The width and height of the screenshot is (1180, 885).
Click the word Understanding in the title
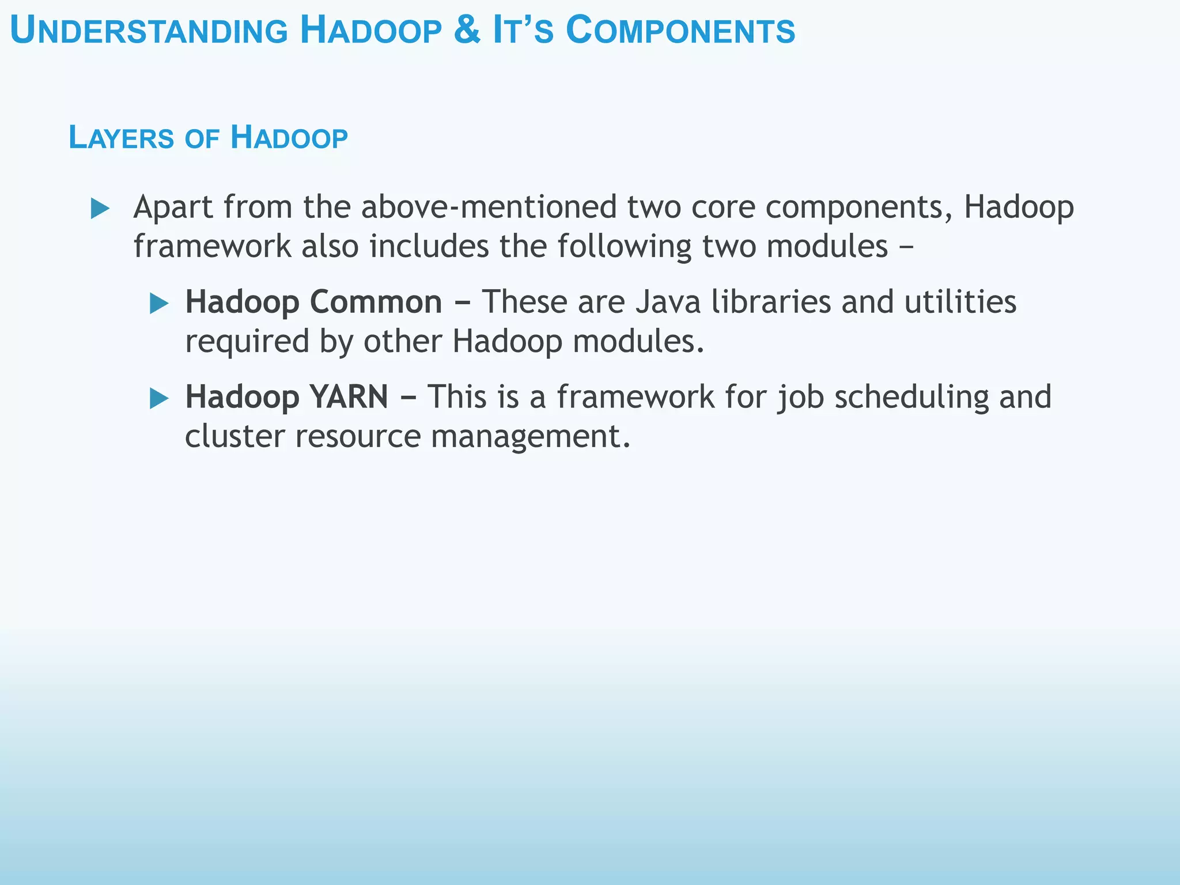(x=149, y=31)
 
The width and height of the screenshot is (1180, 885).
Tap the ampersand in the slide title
(x=467, y=31)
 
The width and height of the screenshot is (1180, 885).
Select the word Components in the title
(x=680, y=31)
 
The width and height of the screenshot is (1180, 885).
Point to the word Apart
(x=173, y=207)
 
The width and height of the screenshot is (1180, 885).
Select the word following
(x=624, y=246)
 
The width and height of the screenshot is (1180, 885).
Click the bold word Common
(x=376, y=302)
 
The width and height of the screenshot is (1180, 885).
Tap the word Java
(x=668, y=302)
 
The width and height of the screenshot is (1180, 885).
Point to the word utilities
(x=960, y=302)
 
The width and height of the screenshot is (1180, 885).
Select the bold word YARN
(x=349, y=397)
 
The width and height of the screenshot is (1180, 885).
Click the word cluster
(x=235, y=436)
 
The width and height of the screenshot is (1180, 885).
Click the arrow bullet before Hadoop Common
(x=159, y=303)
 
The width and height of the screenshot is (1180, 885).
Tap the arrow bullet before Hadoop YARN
(x=159, y=398)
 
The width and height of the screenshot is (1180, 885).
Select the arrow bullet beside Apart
(x=100, y=209)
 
